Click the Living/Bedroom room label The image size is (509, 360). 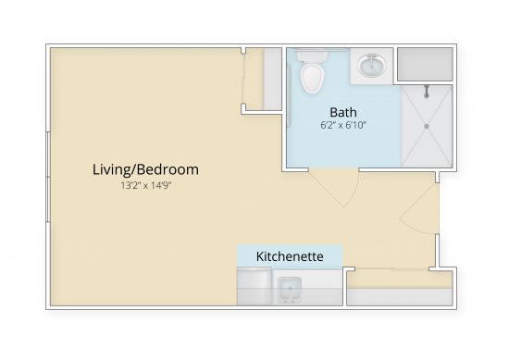145,169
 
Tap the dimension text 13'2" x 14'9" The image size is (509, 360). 145,186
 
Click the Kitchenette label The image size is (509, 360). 290,255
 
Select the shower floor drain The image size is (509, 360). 427,125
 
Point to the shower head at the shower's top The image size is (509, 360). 427,91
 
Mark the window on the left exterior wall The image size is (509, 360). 48,175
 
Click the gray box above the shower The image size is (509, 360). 425,65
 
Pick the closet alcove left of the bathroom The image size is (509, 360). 263,81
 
